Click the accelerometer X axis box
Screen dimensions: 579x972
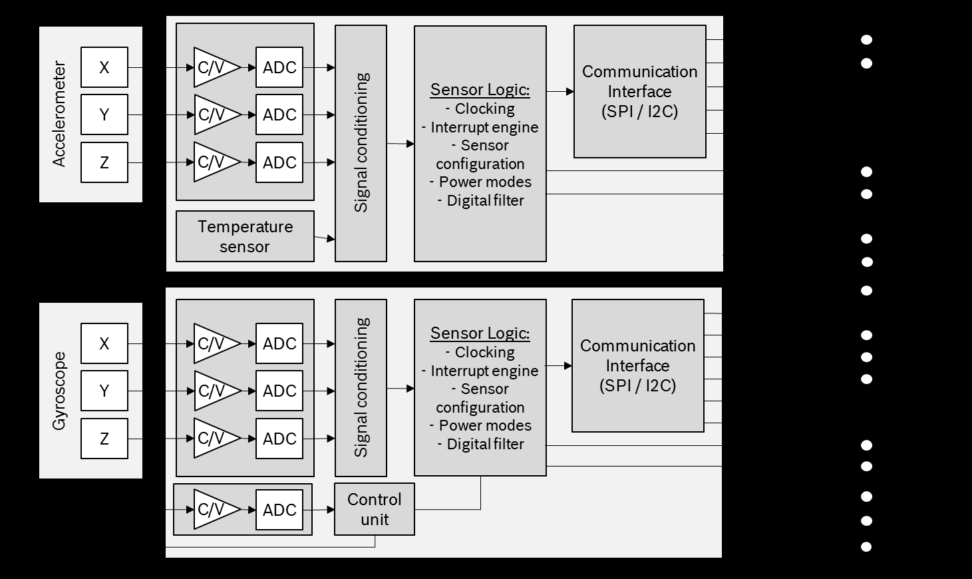click(104, 67)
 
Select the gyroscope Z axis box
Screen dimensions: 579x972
click(104, 439)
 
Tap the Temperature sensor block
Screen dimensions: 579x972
click(245, 236)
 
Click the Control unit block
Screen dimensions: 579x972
click(375, 509)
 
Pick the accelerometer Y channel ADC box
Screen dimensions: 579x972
click(279, 114)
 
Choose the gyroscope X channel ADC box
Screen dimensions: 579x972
click(279, 343)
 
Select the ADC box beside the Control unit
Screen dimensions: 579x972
click(279, 510)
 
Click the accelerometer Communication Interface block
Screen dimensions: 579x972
click(639, 91)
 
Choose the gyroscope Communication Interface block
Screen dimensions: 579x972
click(637, 365)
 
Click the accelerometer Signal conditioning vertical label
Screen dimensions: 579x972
click(361, 143)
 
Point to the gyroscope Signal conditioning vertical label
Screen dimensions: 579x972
click(361, 387)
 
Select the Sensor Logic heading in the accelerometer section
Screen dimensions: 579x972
click(480, 89)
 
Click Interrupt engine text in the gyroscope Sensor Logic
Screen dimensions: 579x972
click(484, 371)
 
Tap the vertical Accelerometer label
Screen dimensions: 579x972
click(59, 114)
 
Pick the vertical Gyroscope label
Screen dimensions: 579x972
click(59, 391)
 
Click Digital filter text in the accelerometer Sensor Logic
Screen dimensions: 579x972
click(484, 200)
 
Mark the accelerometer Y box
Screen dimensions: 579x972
click(104, 114)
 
